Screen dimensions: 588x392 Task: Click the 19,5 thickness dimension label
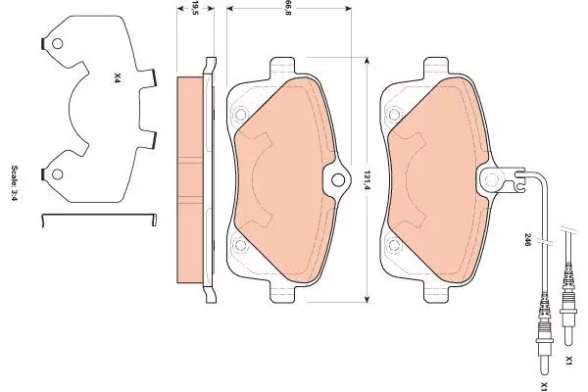195,8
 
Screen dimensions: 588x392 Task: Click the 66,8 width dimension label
288,8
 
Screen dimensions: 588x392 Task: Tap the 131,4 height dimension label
367,180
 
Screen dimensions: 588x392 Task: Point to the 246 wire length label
527,239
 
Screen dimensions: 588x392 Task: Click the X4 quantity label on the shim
118,78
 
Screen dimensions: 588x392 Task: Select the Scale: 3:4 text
15,183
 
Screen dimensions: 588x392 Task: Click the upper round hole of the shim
58,44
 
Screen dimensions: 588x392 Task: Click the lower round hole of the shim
58,174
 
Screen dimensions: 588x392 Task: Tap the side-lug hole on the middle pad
338,180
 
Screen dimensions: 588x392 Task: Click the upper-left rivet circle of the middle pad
240,114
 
